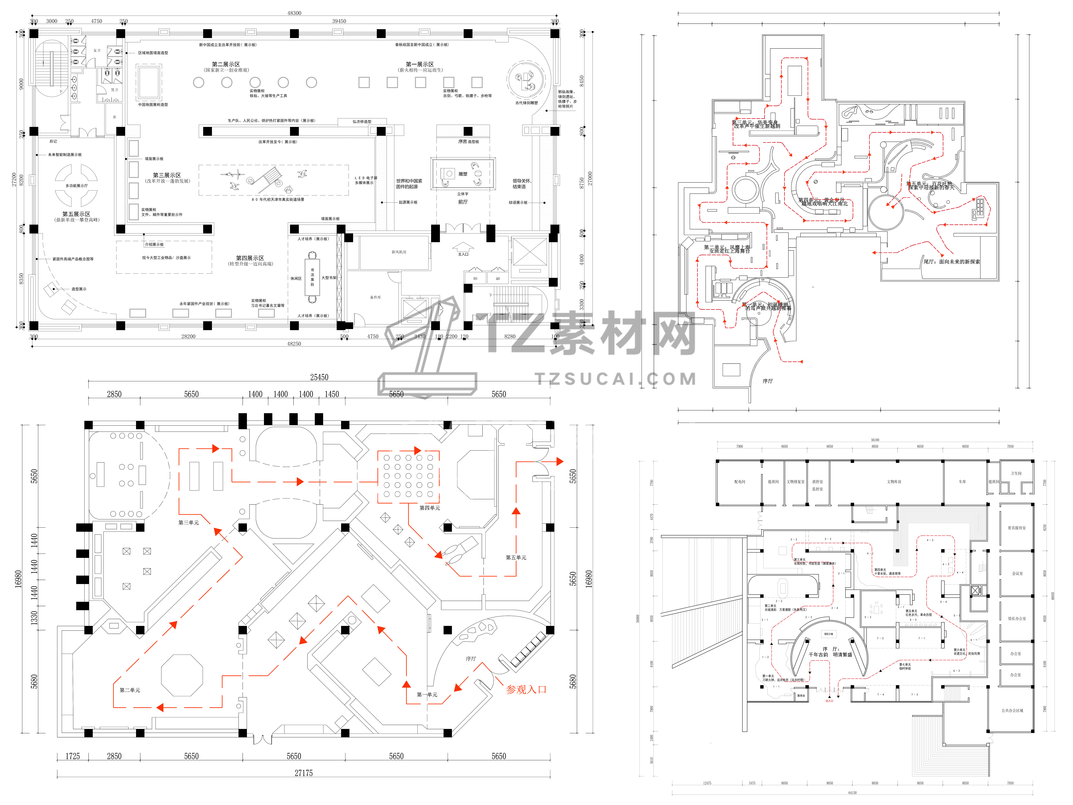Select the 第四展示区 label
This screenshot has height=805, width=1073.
coord(250,258)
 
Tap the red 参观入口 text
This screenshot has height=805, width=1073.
coord(526,690)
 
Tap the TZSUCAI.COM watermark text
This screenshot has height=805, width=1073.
coord(616,379)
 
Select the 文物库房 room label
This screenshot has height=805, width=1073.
coord(894,482)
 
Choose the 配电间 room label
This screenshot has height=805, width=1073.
coord(740,482)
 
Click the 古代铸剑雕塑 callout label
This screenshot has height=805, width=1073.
coord(526,103)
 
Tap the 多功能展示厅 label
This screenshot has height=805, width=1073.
coord(77,186)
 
